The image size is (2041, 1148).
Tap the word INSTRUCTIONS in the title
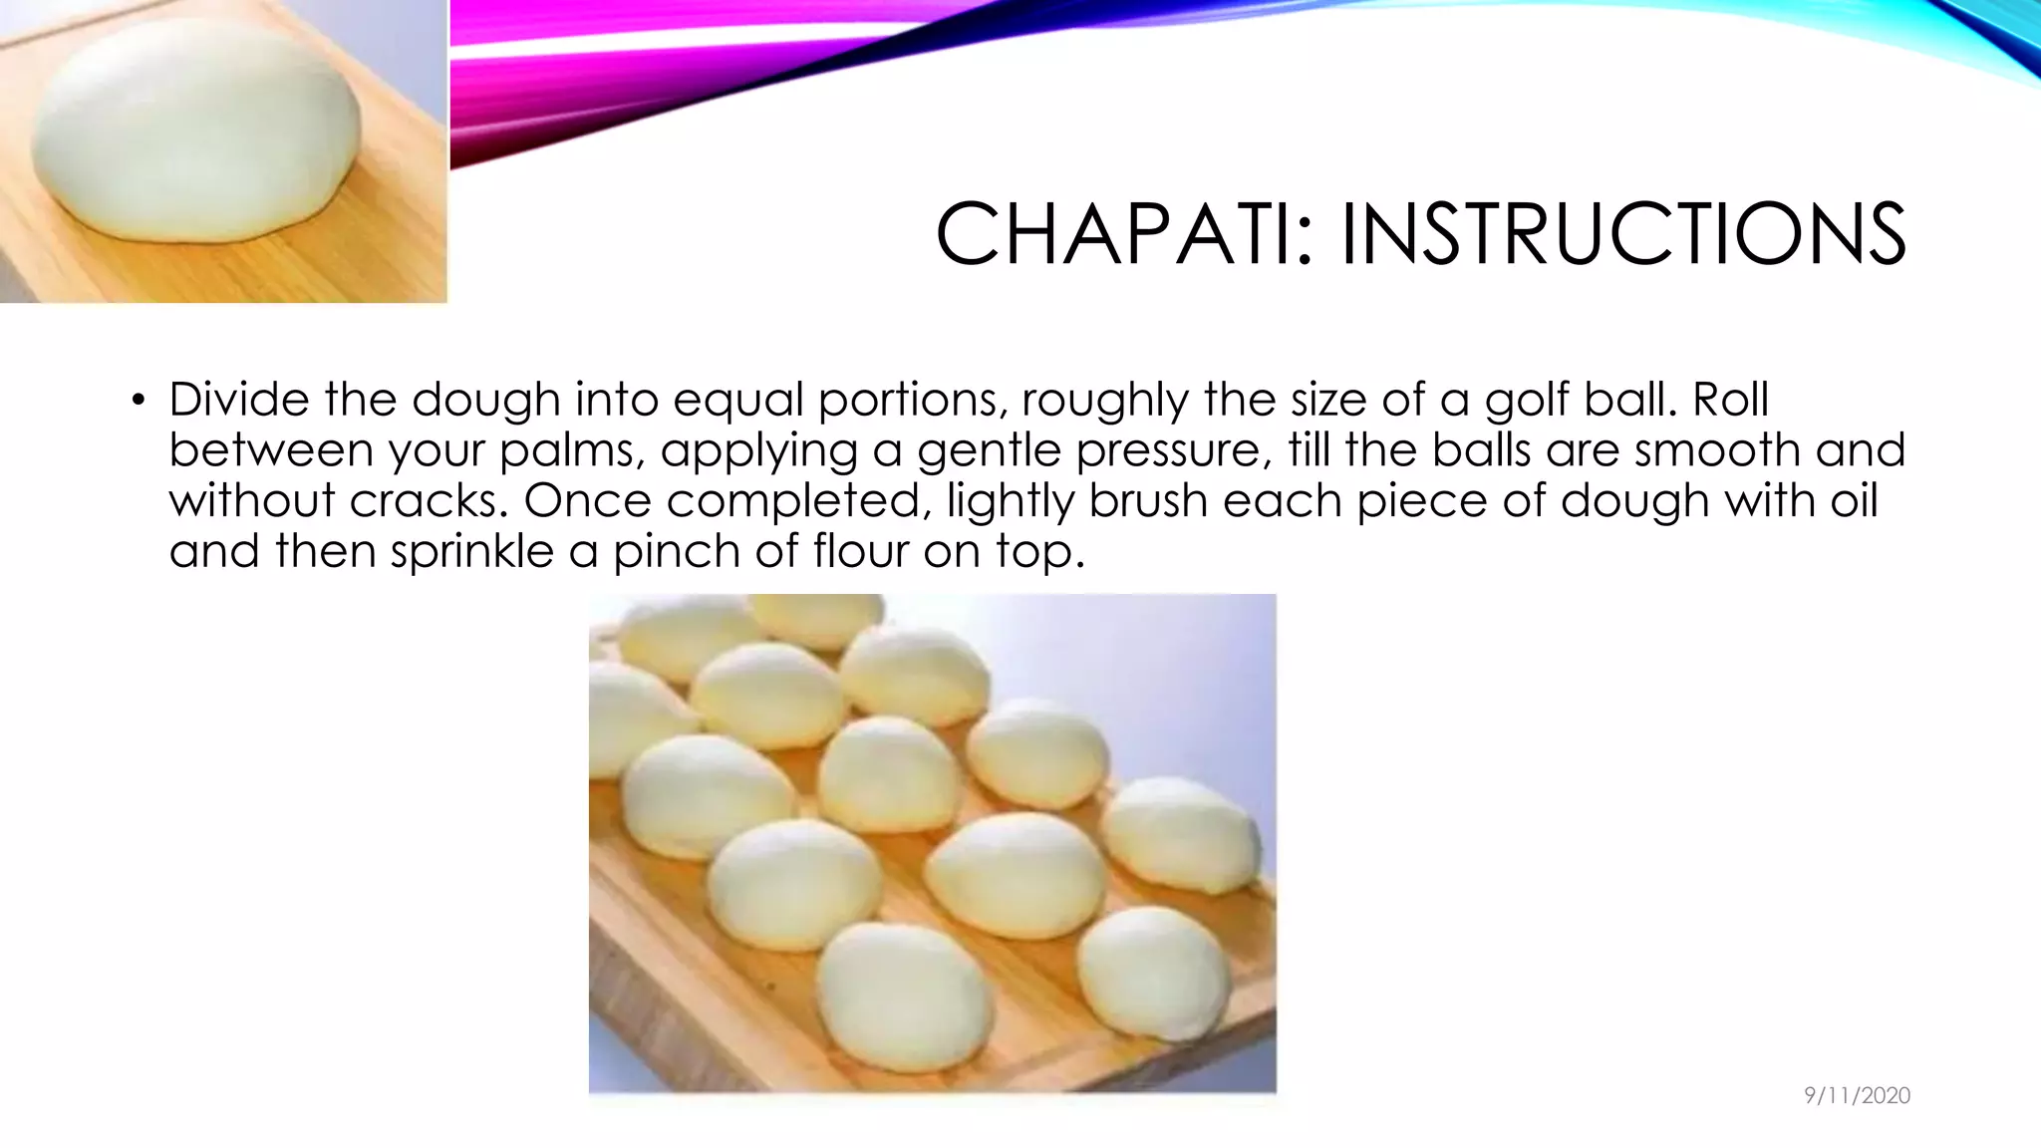click(1622, 234)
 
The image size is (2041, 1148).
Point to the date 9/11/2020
click(1857, 1096)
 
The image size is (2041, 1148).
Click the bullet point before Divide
click(138, 402)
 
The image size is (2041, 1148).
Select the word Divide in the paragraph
click(238, 400)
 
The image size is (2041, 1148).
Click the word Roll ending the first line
click(1730, 400)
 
